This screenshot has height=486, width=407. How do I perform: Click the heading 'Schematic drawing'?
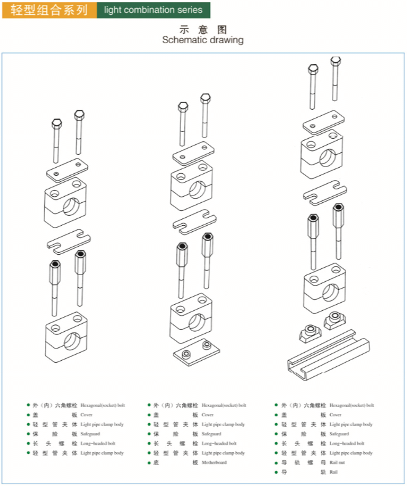click(x=203, y=40)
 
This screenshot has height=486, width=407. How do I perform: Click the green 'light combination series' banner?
click(x=153, y=10)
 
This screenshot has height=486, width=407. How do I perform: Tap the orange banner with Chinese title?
click(x=49, y=10)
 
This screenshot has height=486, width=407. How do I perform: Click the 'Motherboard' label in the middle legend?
click(x=214, y=463)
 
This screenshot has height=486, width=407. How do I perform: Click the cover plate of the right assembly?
click(x=323, y=121)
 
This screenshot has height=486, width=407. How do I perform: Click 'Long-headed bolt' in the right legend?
click(x=347, y=443)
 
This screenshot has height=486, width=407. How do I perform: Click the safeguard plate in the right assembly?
click(x=324, y=191)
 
